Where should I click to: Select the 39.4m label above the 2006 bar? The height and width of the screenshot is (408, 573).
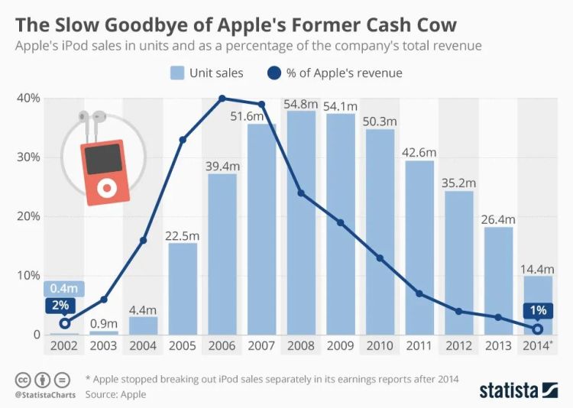click(222, 165)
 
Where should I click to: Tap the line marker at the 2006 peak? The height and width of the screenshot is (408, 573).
click(222, 99)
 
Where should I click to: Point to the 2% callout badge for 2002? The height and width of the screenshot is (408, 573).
click(61, 305)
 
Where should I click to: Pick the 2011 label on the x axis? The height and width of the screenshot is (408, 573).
click(418, 345)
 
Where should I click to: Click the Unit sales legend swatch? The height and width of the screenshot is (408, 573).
click(176, 73)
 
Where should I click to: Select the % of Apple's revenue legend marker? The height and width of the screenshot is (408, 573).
click(275, 73)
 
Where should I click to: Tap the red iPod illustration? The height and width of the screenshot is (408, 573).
click(102, 172)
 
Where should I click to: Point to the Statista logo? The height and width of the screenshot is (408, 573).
click(518, 390)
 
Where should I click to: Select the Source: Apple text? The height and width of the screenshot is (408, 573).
click(115, 394)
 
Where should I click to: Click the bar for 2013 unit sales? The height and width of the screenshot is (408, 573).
click(498, 281)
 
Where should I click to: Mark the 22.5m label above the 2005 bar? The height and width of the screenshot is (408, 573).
click(183, 235)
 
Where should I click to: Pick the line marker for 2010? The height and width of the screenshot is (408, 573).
click(380, 258)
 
